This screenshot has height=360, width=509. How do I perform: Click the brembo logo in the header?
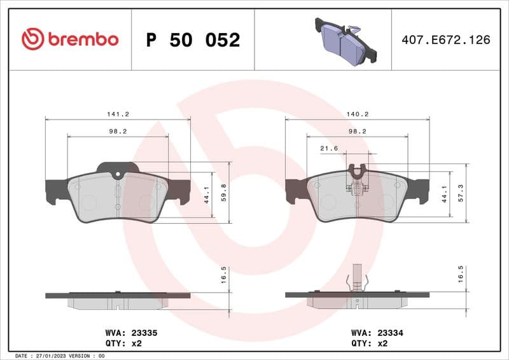tap(70, 39)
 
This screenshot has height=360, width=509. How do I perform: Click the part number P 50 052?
tap(193, 40)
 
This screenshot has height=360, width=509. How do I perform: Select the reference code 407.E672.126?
tap(446, 39)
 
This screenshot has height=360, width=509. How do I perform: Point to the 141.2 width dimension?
tap(118, 114)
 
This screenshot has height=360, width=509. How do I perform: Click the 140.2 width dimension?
tap(357, 114)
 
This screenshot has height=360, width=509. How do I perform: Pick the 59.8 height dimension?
tap(222, 192)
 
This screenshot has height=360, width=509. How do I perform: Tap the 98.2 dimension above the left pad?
tap(118, 131)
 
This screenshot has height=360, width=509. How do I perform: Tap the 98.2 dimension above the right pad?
tap(357, 131)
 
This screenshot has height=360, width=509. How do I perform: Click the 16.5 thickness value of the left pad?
tap(222, 279)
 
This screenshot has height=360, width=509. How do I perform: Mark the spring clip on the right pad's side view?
tap(357, 280)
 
